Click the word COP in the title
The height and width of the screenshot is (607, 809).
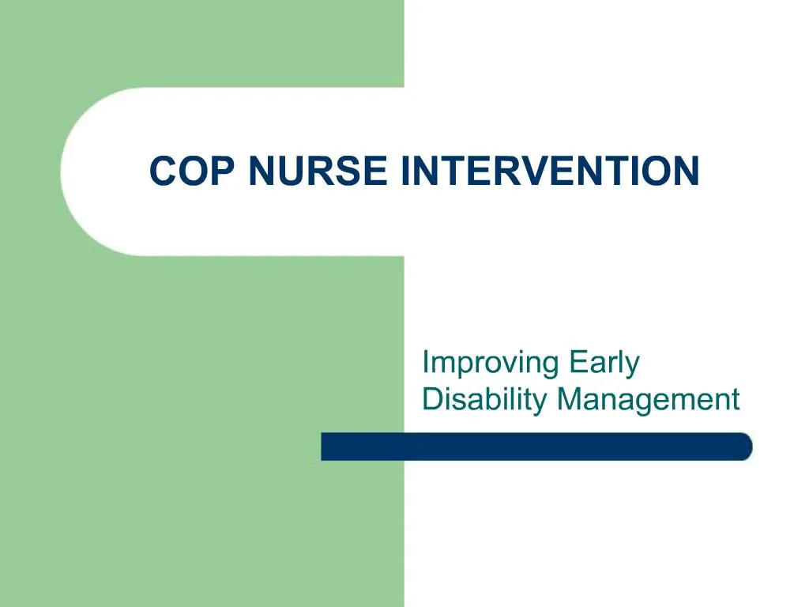[193, 172]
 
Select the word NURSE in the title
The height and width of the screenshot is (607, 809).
[318, 172]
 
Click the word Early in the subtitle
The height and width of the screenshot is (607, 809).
[604, 364]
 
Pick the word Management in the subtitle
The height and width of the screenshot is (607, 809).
[648, 401]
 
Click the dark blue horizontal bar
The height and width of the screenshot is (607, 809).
[536, 447]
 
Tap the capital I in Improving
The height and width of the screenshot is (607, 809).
[426, 363]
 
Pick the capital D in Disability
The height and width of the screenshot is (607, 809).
[431, 399]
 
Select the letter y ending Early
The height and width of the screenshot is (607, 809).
[632, 367]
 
